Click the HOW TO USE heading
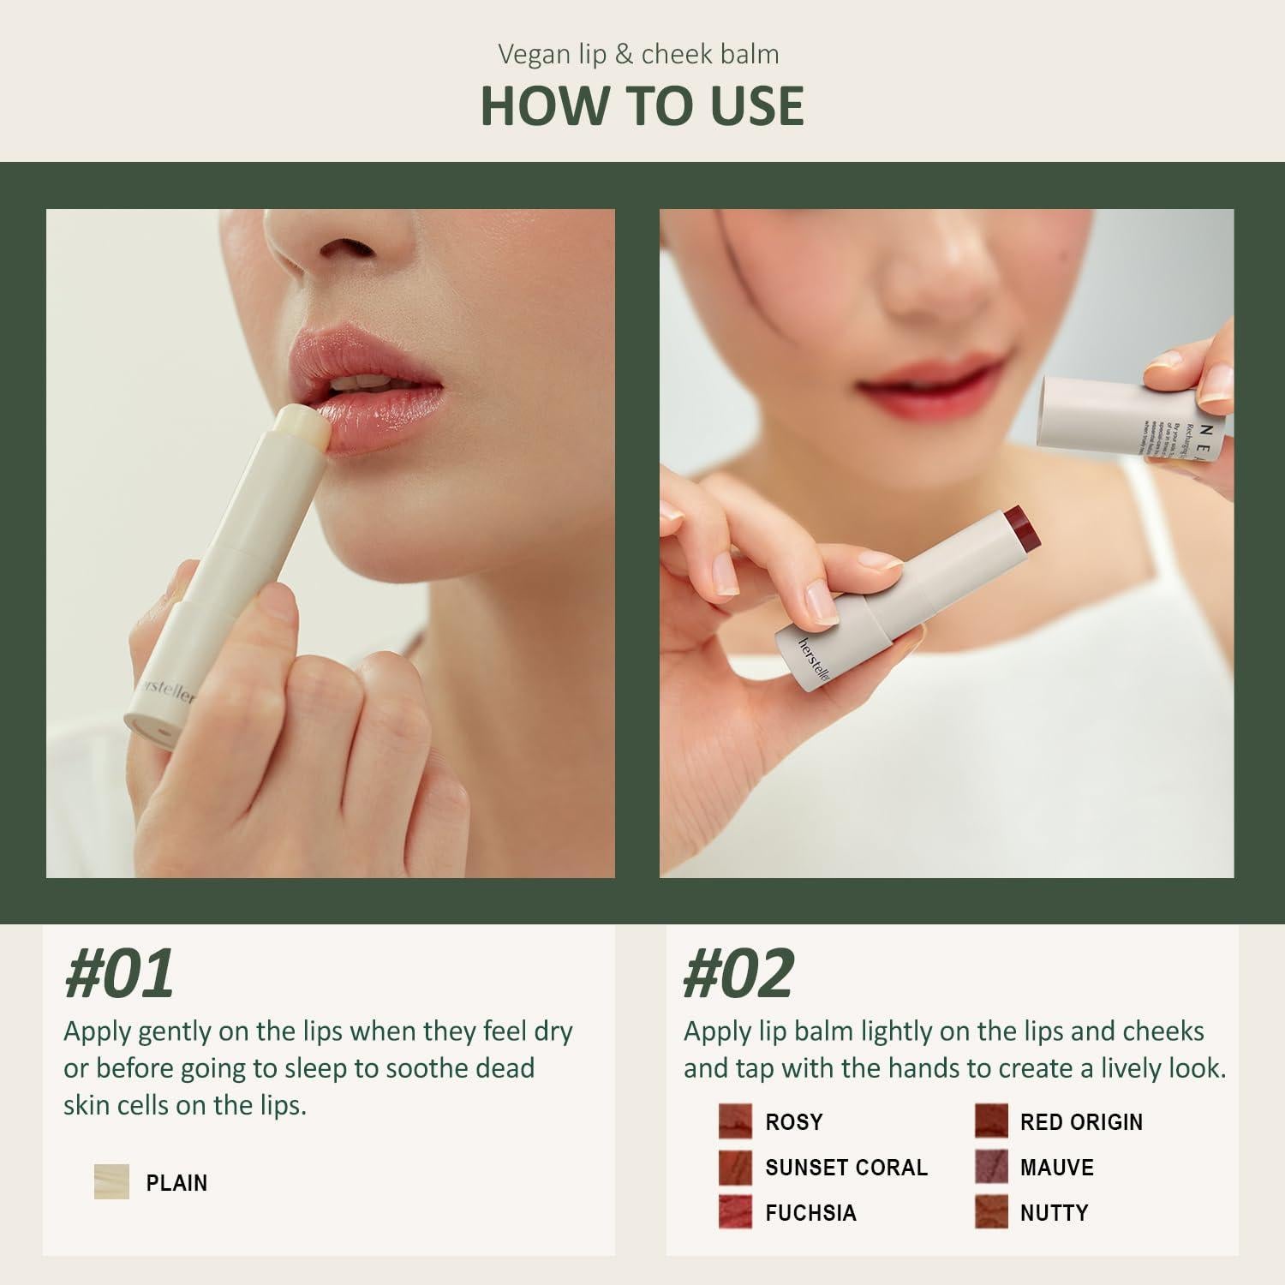(x=642, y=105)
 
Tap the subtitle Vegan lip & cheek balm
(x=638, y=54)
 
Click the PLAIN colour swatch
(x=111, y=1182)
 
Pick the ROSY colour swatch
(x=735, y=1121)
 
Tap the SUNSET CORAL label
(x=846, y=1168)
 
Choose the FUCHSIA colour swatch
(x=735, y=1212)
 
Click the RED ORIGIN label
(x=1081, y=1122)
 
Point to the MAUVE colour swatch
(x=990, y=1167)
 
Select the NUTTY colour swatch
(x=990, y=1212)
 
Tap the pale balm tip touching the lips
(x=300, y=426)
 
